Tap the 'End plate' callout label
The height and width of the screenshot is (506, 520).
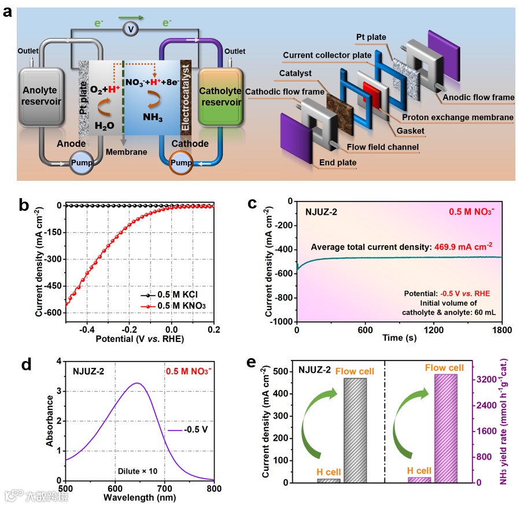pos(338,163)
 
